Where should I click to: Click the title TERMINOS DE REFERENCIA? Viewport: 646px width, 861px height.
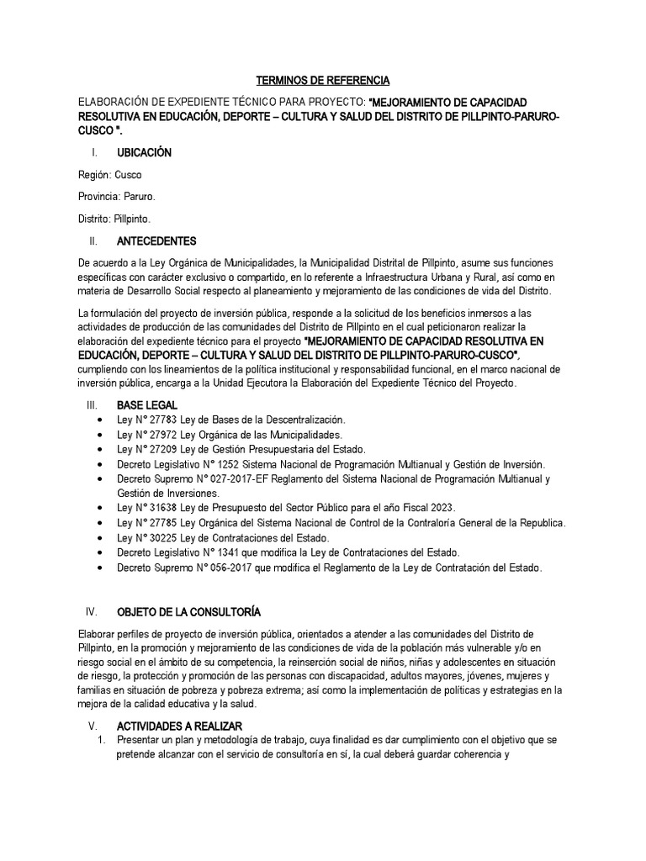(x=323, y=81)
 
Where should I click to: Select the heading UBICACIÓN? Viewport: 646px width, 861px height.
(x=144, y=153)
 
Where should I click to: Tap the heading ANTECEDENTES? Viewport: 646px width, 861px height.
(x=156, y=240)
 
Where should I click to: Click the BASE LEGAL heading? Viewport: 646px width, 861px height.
(x=147, y=405)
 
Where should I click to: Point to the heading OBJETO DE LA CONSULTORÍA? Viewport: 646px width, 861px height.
(x=183, y=611)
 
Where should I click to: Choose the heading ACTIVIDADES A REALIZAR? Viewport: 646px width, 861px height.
(x=179, y=726)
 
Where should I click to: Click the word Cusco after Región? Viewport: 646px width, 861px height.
(x=129, y=175)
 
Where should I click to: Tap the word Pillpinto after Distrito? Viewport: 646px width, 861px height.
(x=131, y=219)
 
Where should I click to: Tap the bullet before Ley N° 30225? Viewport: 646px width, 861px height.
(x=101, y=538)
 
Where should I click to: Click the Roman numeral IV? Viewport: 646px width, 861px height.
(x=93, y=611)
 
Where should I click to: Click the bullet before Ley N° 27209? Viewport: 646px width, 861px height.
(x=101, y=450)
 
